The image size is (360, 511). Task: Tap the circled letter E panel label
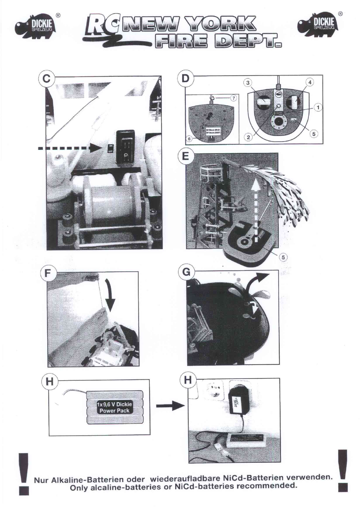pyautogui.click(x=185, y=156)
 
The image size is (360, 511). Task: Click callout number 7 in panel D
pyautogui.click(x=233, y=98)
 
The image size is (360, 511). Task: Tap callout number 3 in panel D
pyautogui.click(x=248, y=82)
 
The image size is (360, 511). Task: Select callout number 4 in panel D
pyautogui.click(x=310, y=82)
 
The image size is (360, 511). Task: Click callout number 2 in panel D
pyautogui.click(x=248, y=137)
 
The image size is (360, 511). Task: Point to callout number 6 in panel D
pyautogui.click(x=189, y=139)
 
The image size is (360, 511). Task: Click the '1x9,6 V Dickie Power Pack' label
pyautogui.click(x=115, y=407)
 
